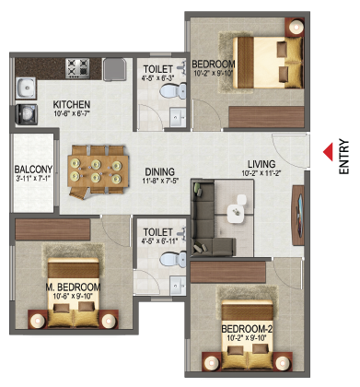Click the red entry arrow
[329, 152]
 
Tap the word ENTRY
[344, 157]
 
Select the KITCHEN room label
[72, 104]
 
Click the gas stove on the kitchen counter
[77, 68]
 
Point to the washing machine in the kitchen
[27, 114]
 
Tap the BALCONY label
[33, 170]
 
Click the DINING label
[160, 171]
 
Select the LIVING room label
[261, 164]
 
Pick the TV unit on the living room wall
[298, 216]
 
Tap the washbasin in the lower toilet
[178, 286]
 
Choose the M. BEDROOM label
[73, 287]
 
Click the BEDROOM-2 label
[247, 329]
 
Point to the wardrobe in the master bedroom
[52, 229]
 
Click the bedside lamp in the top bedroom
[296, 27]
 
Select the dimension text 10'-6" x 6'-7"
[72, 113]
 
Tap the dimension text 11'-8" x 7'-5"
[160, 181]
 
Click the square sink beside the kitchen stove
[114, 70]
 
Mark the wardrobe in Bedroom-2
[227, 272]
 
